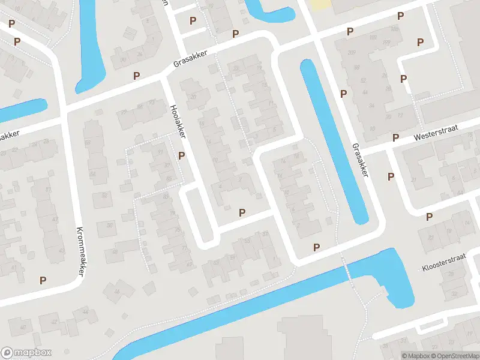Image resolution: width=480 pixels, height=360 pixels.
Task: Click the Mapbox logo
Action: coord(26,353)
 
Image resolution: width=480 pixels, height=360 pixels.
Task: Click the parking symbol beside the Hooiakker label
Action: coord(181,156)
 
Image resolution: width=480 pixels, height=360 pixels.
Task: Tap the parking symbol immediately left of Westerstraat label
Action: coord(395,138)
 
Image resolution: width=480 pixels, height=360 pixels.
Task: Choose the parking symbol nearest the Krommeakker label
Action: coord(43,280)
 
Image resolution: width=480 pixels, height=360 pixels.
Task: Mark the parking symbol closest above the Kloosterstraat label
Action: coord(429,217)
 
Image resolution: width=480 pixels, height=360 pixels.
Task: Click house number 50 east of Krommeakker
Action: coord(109,225)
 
